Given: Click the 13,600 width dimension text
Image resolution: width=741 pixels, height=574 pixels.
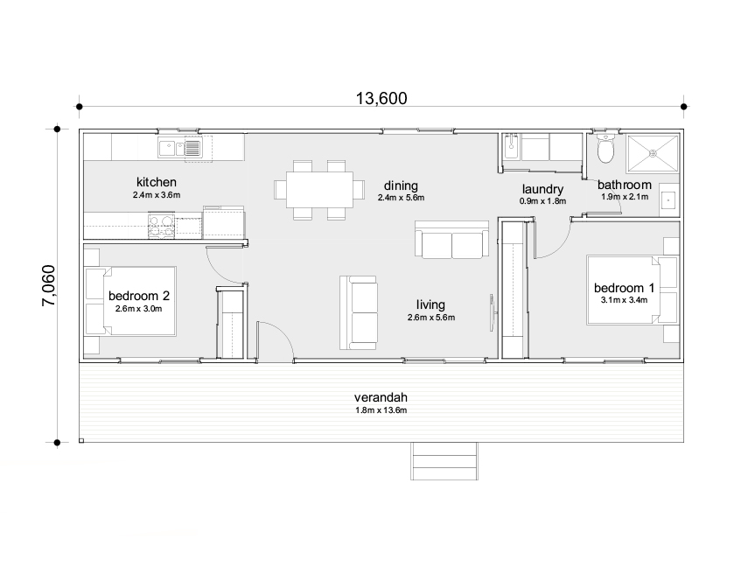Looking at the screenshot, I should (x=381, y=98).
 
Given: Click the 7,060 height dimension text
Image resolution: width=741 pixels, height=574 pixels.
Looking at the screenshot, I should (x=49, y=285).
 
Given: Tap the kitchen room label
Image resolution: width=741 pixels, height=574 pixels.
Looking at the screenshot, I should (x=156, y=182).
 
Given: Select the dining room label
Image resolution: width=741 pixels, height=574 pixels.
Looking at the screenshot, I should (x=401, y=185).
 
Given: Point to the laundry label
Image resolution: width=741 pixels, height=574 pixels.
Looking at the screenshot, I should (x=542, y=189).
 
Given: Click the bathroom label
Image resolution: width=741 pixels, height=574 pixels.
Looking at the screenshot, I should (x=624, y=185).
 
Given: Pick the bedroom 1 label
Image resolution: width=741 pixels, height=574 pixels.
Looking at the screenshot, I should (x=624, y=288).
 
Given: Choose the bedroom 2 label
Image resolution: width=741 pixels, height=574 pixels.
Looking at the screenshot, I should (x=139, y=296).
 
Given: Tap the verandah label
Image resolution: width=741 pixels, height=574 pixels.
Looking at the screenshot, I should (x=382, y=395).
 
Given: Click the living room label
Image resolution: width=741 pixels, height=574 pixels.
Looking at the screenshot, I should (x=430, y=304).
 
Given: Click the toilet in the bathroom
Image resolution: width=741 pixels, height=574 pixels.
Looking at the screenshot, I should (x=605, y=150).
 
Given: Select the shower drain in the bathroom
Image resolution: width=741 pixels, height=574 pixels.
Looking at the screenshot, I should (x=651, y=151).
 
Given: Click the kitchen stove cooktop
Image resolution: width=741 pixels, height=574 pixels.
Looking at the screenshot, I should (x=161, y=226).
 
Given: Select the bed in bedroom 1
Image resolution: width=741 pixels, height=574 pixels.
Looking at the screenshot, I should (x=623, y=290).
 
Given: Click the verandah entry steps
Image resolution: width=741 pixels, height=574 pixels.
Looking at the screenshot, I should (x=445, y=461).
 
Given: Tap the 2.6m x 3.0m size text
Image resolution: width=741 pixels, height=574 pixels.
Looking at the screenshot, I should (x=139, y=309).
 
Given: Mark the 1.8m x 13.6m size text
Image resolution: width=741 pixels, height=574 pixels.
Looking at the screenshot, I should (x=382, y=409).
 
